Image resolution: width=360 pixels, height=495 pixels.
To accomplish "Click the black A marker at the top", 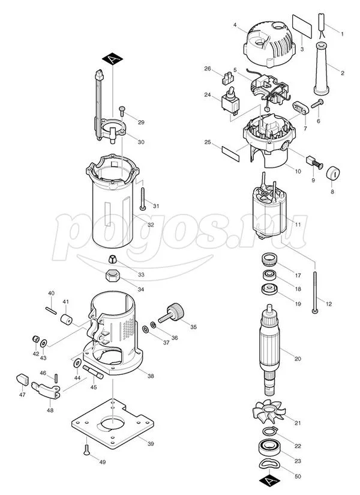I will (x=114, y=59).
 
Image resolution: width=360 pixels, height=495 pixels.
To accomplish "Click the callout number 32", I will (x=151, y=224).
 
